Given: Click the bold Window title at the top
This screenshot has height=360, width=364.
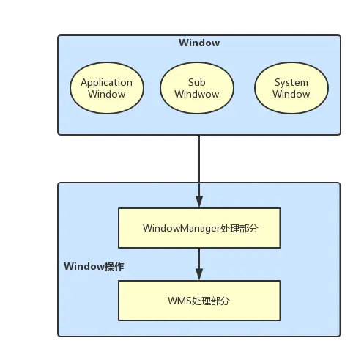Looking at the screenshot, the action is (x=199, y=43).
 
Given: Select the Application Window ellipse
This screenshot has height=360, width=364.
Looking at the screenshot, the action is (x=107, y=88).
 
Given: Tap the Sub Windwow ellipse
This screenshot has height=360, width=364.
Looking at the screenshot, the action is (x=197, y=88).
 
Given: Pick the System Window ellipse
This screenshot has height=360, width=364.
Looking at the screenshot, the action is (x=291, y=88).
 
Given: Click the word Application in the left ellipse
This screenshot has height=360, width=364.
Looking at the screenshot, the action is (x=107, y=83).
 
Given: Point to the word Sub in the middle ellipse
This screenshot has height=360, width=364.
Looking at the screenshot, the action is (x=197, y=82).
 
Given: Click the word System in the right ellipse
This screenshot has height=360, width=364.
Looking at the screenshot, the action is (x=291, y=83).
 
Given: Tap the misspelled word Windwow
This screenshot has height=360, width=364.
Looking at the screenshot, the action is (x=197, y=94).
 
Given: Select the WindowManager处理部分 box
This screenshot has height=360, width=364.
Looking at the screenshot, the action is (x=199, y=228).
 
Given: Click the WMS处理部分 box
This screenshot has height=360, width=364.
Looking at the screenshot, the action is (x=199, y=301).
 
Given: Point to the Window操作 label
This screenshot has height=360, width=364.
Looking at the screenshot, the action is (x=94, y=266).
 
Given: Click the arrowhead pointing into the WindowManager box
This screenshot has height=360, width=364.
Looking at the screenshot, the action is (x=199, y=202).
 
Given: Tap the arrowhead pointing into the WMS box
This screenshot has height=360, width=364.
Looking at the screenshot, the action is (x=199, y=274).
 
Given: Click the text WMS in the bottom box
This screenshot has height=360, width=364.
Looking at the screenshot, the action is (x=179, y=301).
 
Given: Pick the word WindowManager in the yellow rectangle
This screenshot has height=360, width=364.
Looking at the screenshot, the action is (x=182, y=228).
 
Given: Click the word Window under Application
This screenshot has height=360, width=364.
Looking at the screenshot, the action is (x=107, y=94).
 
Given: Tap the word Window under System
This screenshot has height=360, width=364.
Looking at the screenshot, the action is (x=291, y=94).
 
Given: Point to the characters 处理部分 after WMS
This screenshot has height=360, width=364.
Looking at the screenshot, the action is (x=211, y=301).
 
